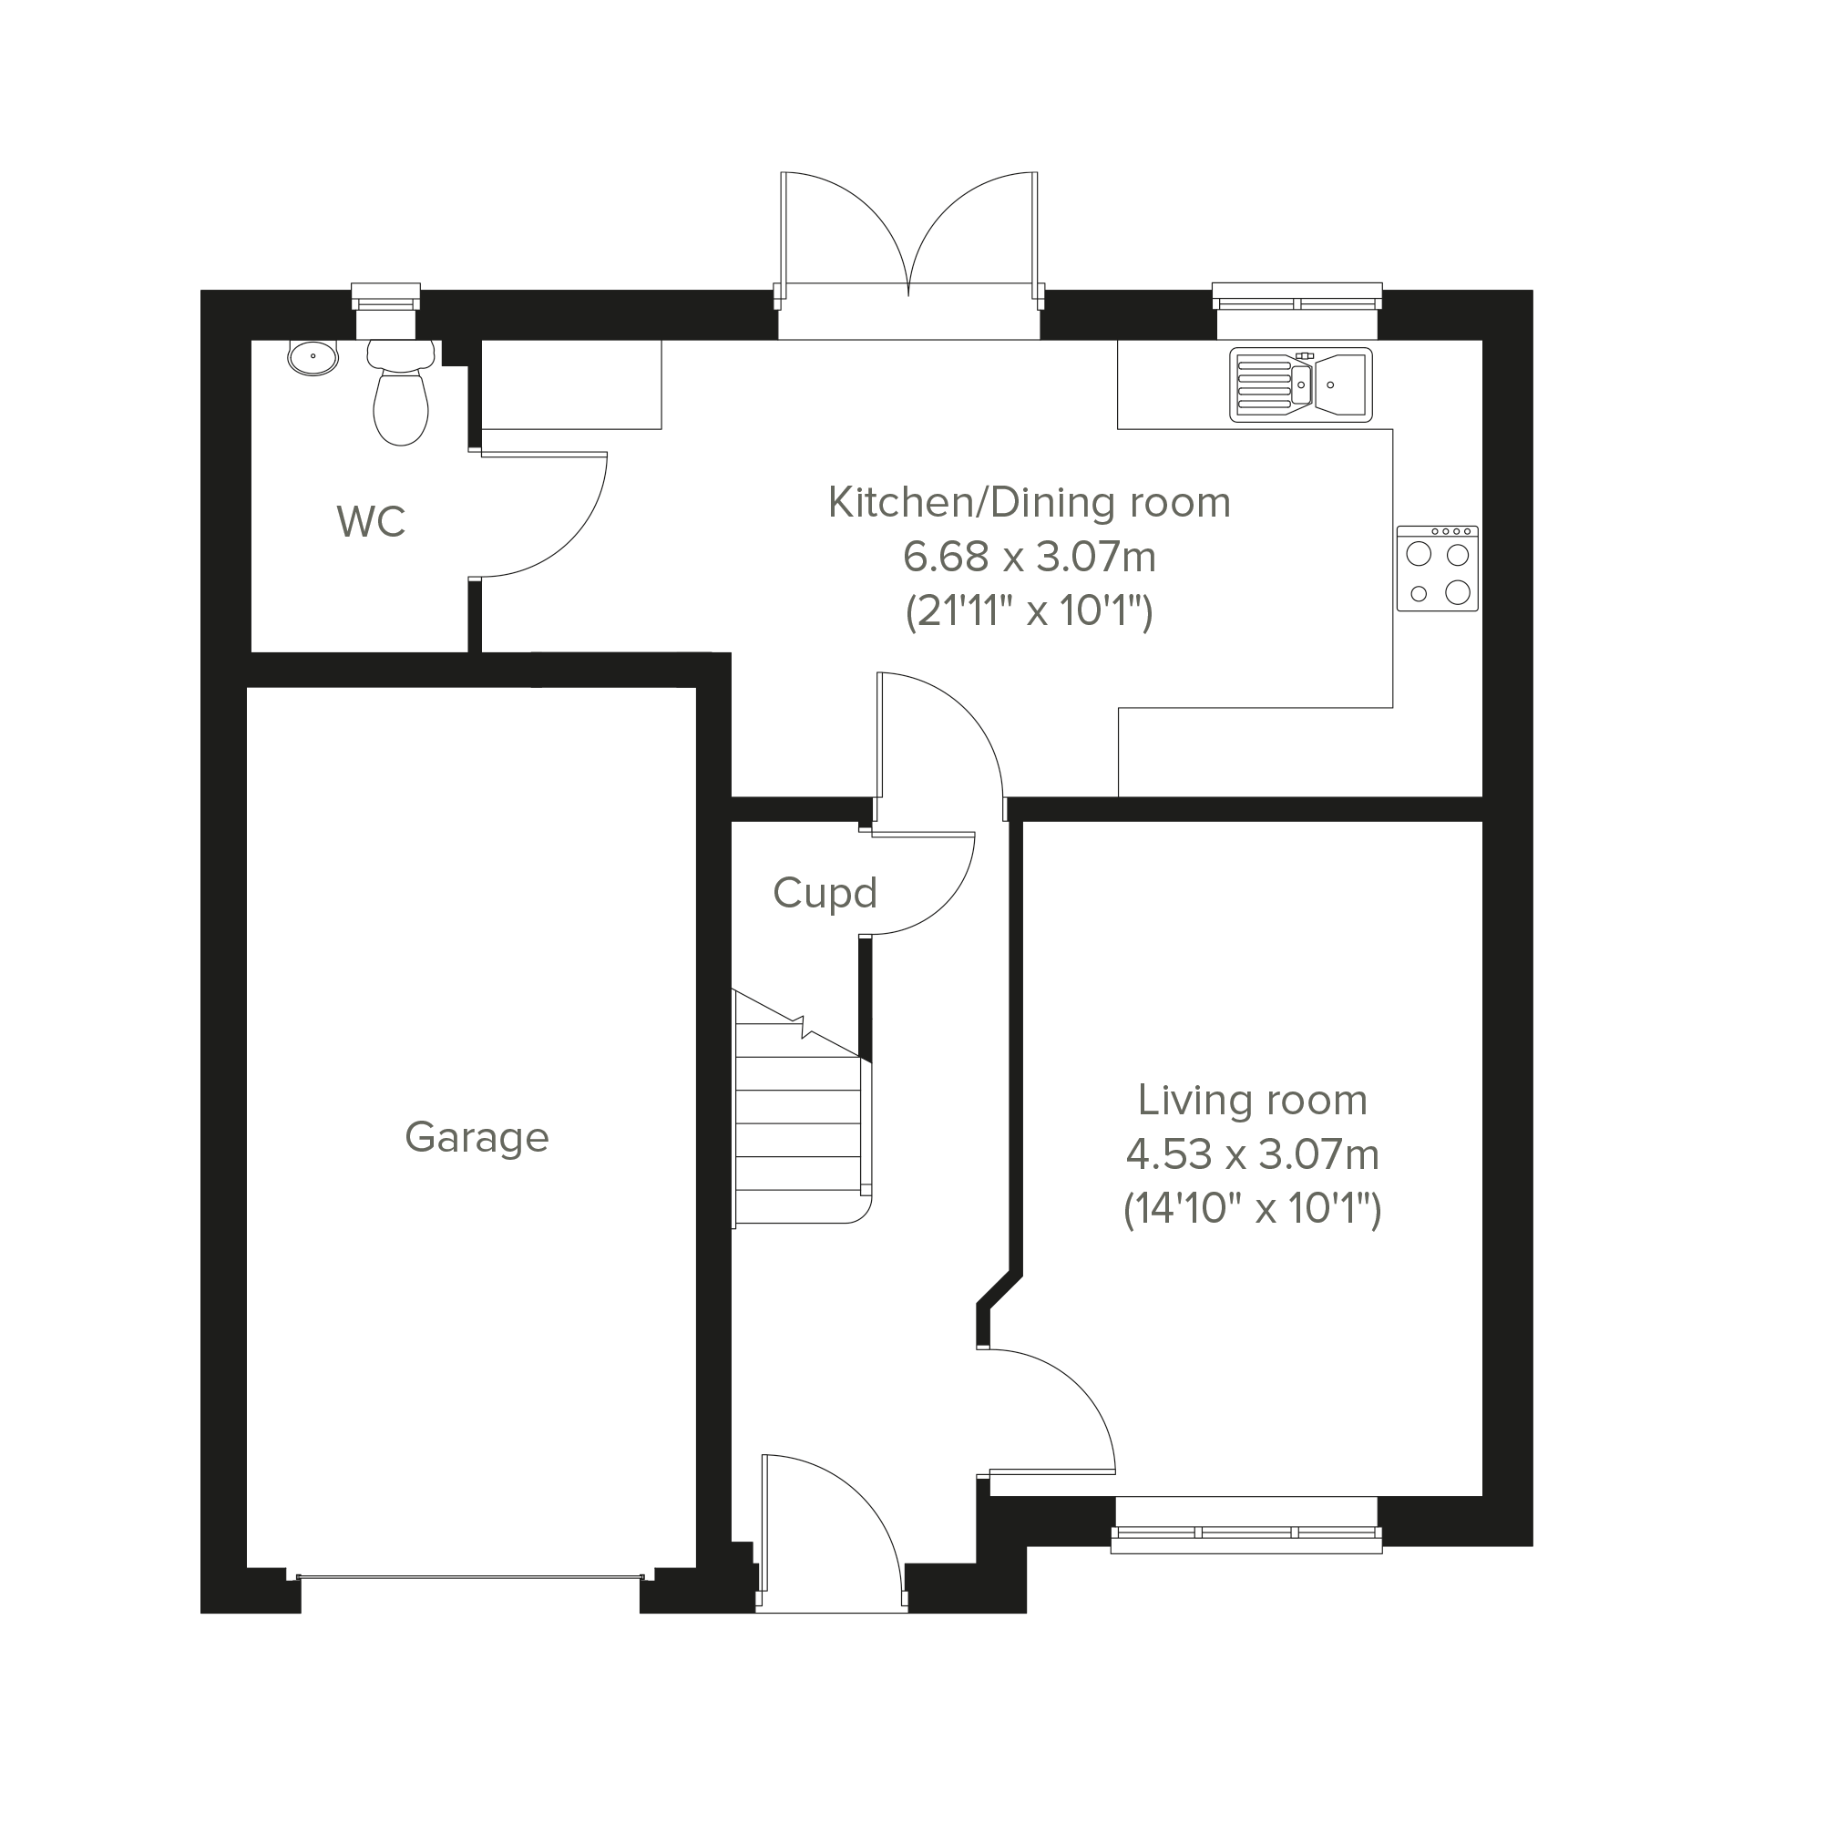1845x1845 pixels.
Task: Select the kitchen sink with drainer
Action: click(x=1301, y=384)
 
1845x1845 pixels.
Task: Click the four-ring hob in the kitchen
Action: click(x=1437, y=569)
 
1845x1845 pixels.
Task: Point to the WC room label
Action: click(x=372, y=522)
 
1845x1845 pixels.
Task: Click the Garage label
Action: click(x=477, y=1138)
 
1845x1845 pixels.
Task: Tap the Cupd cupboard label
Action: click(x=825, y=894)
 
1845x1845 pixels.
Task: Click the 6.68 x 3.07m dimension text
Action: click(x=1030, y=557)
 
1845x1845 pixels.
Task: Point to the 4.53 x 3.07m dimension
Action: click(x=1252, y=1155)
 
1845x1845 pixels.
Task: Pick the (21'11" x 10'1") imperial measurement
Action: click(x=1030, y=611)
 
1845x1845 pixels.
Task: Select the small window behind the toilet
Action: click(x=385, y=296)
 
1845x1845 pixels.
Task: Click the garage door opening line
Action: click(x=470, y=1576)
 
